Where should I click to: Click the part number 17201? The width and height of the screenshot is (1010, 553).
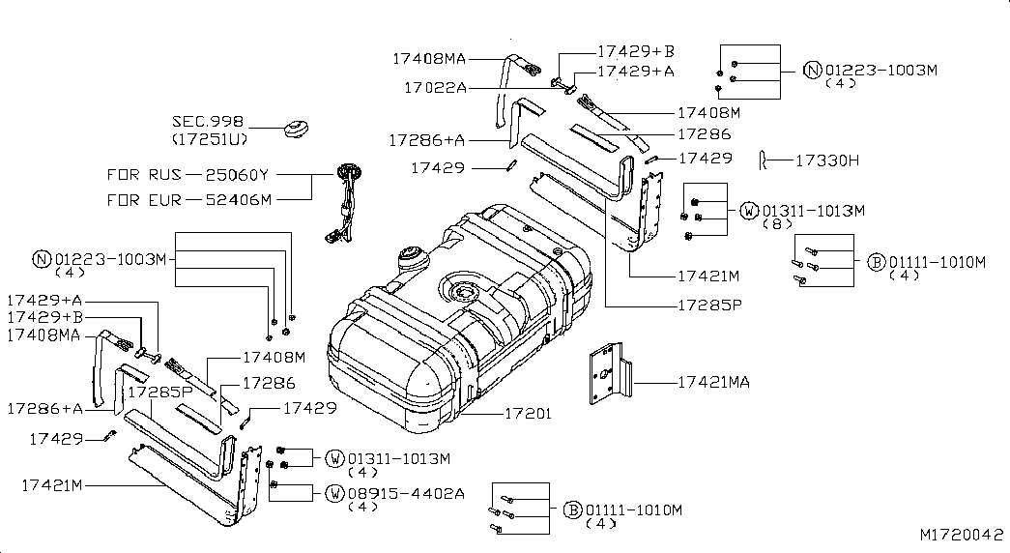pos(528,413)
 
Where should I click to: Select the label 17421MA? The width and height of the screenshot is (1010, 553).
pos(713,382)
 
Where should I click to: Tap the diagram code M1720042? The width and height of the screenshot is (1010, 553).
pos(961,535)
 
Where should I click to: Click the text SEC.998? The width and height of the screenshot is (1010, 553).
pos(208,121)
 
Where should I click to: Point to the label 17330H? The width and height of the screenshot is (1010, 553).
pos(827,160)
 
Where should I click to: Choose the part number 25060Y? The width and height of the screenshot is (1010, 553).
pos(237,175)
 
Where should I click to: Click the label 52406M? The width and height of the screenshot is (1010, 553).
pos(239,200)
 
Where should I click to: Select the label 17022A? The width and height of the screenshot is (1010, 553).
pos(436,87)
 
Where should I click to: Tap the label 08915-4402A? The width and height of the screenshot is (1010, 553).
pos(406,494)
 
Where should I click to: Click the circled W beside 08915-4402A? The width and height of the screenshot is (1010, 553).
pos(335,494)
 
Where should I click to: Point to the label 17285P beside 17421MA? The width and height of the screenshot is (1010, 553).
pos(709,305)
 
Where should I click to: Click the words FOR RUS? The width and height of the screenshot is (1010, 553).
pos(144,175)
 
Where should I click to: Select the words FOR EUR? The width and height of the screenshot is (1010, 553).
pos(144,200)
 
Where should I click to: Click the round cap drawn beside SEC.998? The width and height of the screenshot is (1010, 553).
pos(297,129)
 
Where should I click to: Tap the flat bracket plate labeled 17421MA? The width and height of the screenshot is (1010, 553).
pos(610,373)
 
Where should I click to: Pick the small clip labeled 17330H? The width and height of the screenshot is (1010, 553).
pos(763,160)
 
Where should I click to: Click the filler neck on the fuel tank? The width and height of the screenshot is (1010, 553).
pos(413,258)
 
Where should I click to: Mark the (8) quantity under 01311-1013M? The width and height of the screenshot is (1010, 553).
pos(776,224)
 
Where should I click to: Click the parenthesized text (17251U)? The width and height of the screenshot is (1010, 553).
pos(210,138)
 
